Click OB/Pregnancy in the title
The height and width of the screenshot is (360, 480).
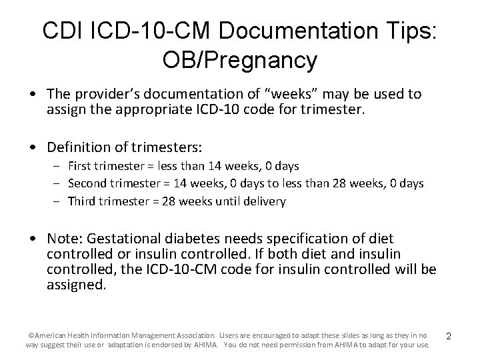(239, 61)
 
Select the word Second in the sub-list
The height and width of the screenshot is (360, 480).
(86, 183)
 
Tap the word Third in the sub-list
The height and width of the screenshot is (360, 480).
(81, 201)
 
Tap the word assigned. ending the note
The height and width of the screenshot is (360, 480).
(76, 285)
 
